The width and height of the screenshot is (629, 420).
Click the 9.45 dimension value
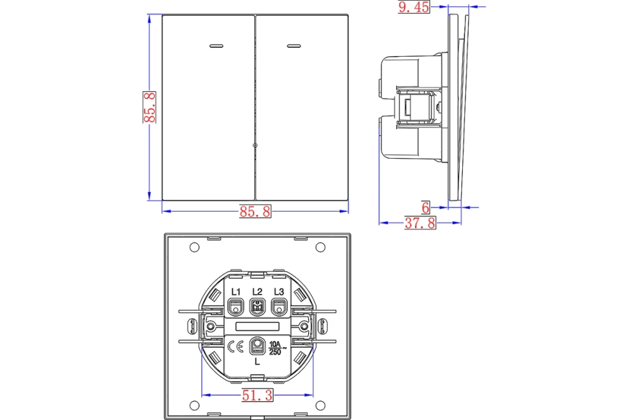coord(414,7)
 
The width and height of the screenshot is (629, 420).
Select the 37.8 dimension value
coord(420,223)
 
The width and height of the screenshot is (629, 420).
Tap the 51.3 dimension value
coord(257,395)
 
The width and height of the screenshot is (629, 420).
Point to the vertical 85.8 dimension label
coord(150,107)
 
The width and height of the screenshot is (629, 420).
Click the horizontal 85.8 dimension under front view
coord(255,211)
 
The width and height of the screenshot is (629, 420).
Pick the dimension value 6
coord(426,208)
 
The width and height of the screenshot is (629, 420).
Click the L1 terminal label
coord(235,292)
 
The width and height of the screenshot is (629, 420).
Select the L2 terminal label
coord(257,292)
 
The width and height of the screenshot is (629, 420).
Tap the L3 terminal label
coord(279,292)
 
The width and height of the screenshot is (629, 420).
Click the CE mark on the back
coord(235,346)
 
